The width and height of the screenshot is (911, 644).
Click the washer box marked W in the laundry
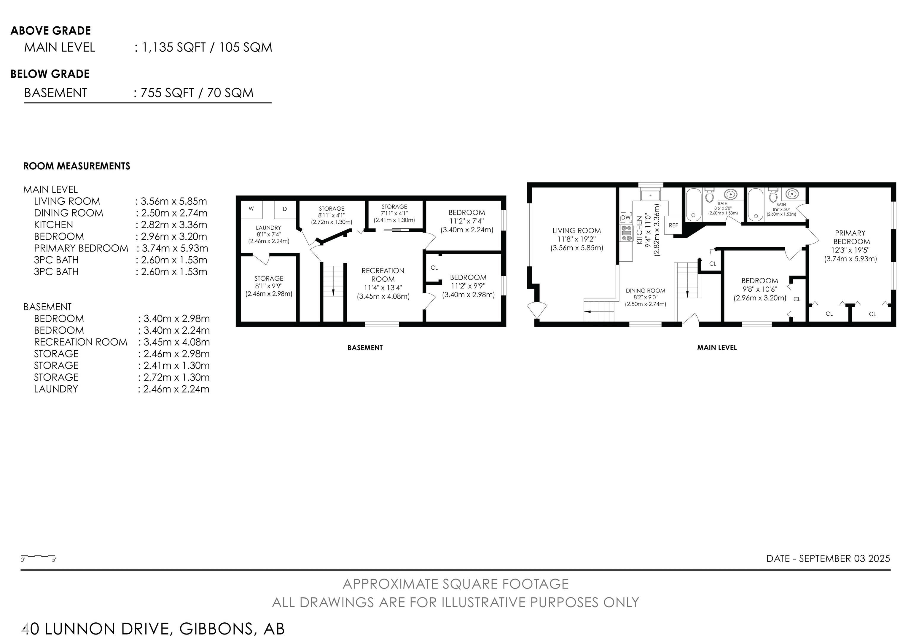[251, 209]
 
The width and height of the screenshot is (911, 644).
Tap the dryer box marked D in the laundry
[285, 209]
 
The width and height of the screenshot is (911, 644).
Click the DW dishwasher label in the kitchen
[626, 217]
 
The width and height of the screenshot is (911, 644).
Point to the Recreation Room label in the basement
[383, 283]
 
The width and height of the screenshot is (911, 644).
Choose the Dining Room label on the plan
[646, 297]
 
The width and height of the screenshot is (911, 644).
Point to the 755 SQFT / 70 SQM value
[197, 93]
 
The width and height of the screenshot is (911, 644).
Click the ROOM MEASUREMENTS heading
[77, 166]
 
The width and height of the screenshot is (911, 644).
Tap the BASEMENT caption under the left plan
[365, 348]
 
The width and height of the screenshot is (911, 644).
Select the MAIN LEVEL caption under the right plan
[717, 348]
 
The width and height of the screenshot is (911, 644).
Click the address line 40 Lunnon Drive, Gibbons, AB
[153, 629]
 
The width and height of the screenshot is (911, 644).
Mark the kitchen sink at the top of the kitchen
[650, 195]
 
